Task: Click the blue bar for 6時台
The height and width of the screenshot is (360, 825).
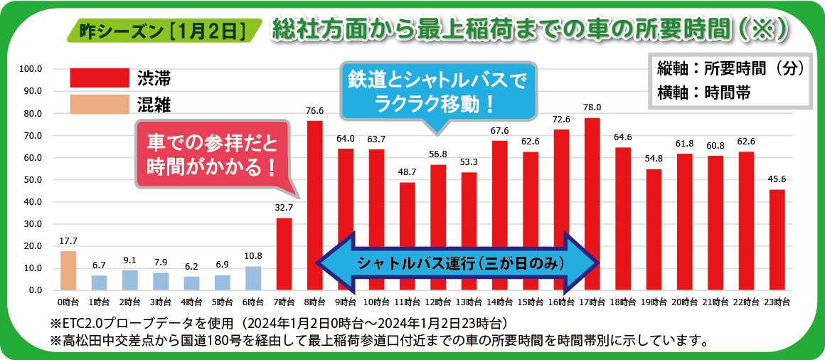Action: pos(253,278)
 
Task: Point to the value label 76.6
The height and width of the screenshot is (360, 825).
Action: pos(314,111)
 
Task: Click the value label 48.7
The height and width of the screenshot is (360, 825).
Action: pos(407,173)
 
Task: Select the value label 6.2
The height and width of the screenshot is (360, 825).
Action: pos(191,267)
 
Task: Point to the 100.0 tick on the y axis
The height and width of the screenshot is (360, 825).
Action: pos(32,69)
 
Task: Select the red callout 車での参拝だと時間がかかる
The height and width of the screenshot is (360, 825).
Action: pos(212,156)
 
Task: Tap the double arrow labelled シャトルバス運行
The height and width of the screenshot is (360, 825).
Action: pos(458,263)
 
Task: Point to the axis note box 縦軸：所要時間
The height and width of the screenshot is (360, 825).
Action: pos(730,80)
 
